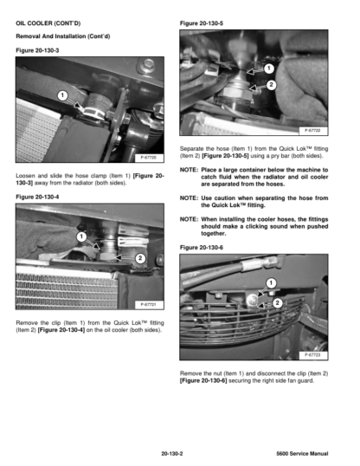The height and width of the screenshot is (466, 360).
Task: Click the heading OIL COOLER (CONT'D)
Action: pos(48,23)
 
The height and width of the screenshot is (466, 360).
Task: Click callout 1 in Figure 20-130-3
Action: pos(62,95)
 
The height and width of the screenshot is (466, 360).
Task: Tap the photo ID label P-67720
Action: pos(149,158)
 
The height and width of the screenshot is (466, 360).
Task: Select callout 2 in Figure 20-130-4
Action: pos(140,258)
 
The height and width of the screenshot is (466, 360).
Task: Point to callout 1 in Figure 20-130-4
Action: pos(81,236)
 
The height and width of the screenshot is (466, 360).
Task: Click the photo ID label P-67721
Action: pos(149,304)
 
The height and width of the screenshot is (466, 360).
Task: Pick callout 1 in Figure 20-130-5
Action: pos(269,68)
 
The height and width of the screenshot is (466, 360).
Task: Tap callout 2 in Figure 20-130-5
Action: pos(271,85)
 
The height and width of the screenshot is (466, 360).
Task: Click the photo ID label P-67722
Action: pos(312,131)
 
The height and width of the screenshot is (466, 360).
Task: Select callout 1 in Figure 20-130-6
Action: pos(271,282)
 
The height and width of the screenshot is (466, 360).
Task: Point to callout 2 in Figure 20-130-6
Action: pos(278,303)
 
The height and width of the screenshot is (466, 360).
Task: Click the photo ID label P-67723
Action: pos(312,355)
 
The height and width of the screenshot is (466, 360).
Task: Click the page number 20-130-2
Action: pos(172,454)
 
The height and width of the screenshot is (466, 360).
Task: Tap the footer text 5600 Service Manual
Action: pos(302,454)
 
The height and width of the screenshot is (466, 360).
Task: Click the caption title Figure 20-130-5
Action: pos(202,23)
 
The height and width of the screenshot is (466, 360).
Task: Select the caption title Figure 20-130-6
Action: pos(202,248)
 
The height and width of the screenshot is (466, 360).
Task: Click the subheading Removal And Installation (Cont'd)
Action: pos(63,36)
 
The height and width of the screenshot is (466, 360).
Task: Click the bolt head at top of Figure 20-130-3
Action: pos(148,63)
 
